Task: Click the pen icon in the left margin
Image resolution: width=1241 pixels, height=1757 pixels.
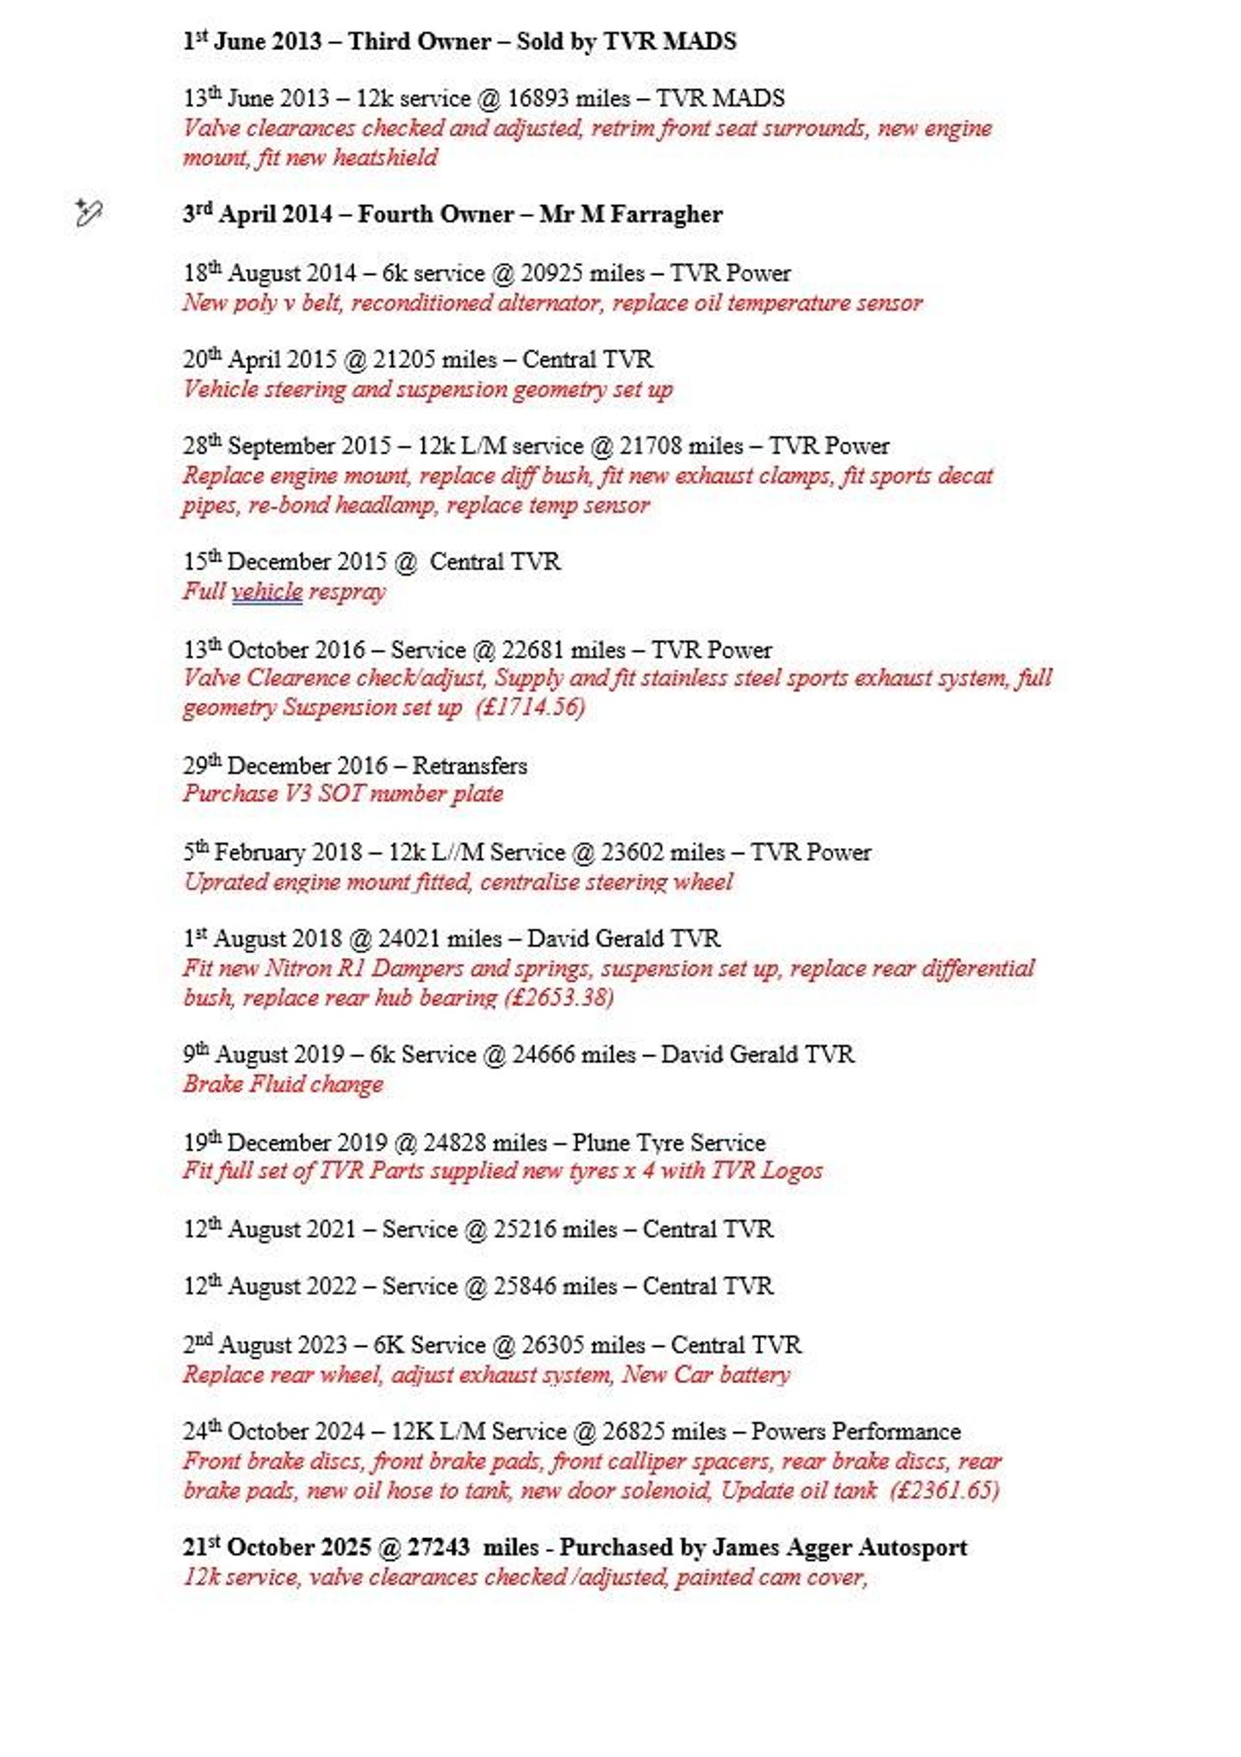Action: point(88,212)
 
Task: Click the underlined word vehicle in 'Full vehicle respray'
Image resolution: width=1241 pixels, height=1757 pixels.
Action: point(267,592)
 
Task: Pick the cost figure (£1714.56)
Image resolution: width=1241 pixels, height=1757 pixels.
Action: point(530,707)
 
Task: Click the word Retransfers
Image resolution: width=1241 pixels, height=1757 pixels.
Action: point(470,766)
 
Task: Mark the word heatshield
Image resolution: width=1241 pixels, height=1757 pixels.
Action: point(385,159)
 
